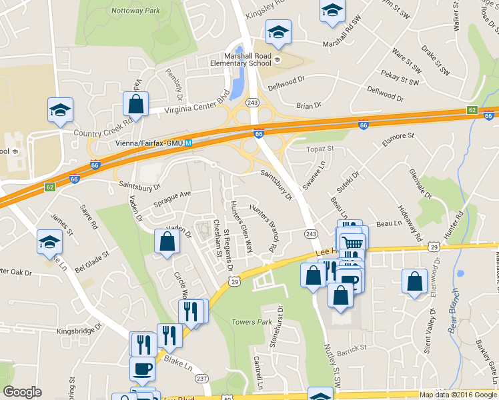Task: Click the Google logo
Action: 22,392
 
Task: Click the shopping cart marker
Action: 352,243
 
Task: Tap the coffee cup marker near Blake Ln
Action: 141,367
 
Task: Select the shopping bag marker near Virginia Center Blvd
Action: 136,104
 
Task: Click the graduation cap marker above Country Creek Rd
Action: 61,109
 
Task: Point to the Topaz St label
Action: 319,149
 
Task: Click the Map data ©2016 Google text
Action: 458,395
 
